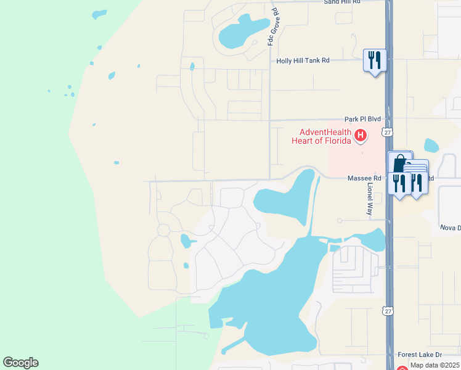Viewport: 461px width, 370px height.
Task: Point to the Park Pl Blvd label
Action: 362,118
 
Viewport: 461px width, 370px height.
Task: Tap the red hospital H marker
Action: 361,134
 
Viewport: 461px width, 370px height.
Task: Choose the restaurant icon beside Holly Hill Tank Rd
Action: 375,60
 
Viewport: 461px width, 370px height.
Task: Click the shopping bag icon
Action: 400,163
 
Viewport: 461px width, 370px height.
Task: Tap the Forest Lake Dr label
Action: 420,355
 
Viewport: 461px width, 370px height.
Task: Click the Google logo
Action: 21,363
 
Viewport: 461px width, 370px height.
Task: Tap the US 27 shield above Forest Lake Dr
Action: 386,312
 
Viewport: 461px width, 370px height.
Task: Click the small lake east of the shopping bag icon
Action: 431,146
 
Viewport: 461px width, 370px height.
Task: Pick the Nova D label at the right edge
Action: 450,228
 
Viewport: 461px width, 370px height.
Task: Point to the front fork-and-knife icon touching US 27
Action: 399,183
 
